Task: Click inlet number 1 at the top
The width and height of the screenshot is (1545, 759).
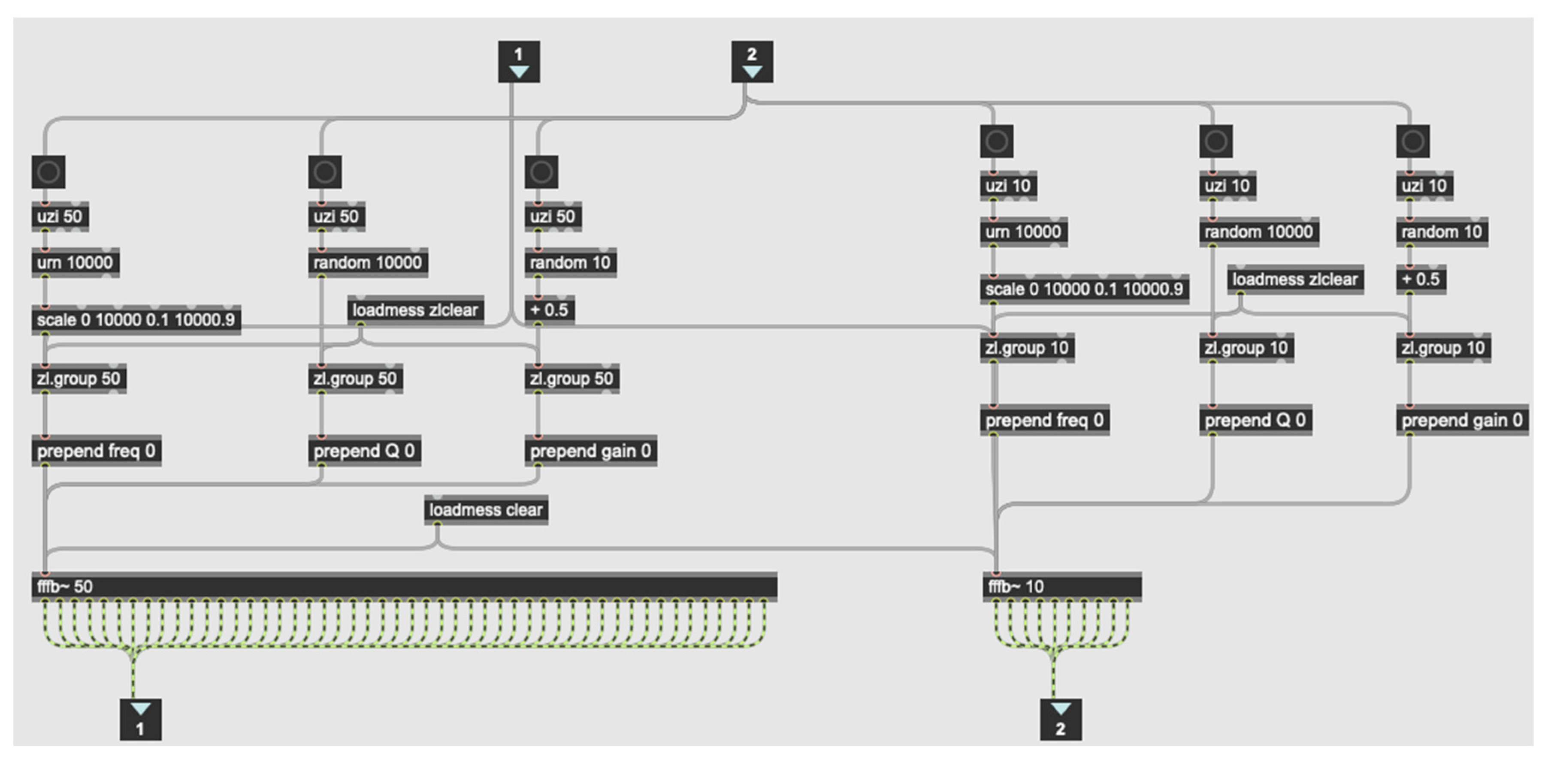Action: tap(519, 61)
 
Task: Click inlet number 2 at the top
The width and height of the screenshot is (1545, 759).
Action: tap(752, 61)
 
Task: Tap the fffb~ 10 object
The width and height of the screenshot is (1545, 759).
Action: tap(1061, 586)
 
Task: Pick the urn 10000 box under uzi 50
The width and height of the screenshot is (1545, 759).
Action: tap(75, 262)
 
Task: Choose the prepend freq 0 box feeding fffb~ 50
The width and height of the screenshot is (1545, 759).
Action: tap(96, 451)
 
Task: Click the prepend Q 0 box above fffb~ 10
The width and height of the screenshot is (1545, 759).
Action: tap(1255, 420)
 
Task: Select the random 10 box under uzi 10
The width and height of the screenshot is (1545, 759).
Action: tap(1441, 232)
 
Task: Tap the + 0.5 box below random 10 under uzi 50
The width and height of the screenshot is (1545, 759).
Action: tap(549, 310)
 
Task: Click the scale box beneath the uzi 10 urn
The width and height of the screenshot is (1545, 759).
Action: tap(1084, 289)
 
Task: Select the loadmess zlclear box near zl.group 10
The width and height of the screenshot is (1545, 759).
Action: tap(1295, 280)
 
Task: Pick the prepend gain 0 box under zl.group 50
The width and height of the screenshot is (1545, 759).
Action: tap(590, 451)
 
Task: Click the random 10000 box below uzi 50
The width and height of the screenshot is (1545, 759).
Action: tap(368, 262)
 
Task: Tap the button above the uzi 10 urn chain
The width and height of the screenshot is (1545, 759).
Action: tap(996, 142)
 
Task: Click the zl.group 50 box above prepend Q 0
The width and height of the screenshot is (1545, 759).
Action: tap(355, 378)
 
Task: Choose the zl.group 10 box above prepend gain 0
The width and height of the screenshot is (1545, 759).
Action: tap(1442, 348)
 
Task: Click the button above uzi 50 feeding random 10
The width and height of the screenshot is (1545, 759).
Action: tap(541, 172)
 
